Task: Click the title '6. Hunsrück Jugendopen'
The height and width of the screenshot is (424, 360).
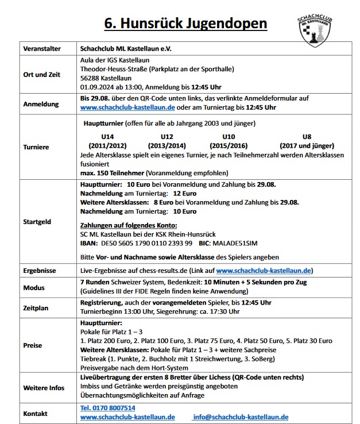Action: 185,24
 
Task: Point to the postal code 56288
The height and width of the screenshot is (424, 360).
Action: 91,78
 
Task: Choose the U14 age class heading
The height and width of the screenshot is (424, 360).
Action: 106,137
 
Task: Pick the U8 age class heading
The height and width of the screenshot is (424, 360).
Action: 307,137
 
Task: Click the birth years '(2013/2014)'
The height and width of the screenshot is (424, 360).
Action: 167,146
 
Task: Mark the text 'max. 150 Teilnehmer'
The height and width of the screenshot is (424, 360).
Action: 112,173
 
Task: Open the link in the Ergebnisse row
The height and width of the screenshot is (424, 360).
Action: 264,271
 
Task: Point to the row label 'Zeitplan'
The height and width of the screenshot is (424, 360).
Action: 37,308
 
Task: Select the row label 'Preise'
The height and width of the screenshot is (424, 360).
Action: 33,345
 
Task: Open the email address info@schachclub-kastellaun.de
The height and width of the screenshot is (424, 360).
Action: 241,417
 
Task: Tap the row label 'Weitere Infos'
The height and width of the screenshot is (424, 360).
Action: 43,387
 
